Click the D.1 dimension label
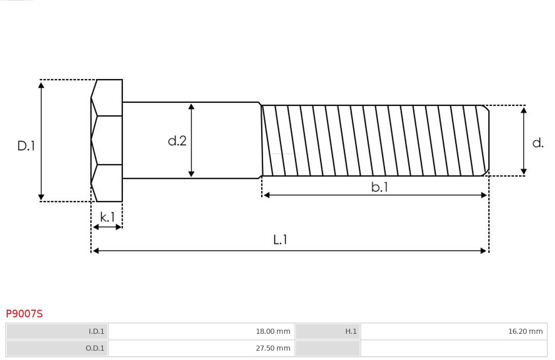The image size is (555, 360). click(x=26, y=146)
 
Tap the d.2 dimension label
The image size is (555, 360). click(x=177, y=141)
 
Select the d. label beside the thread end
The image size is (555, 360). click(x=538, y=143)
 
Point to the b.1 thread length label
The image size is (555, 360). click(x=380, y=187)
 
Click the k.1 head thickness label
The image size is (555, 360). click(x=107, y=217)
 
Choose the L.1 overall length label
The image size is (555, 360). click(x=280, y=240)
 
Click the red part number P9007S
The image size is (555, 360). click(x=24, y=314)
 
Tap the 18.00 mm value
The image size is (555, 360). click(x=273, y=331)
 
